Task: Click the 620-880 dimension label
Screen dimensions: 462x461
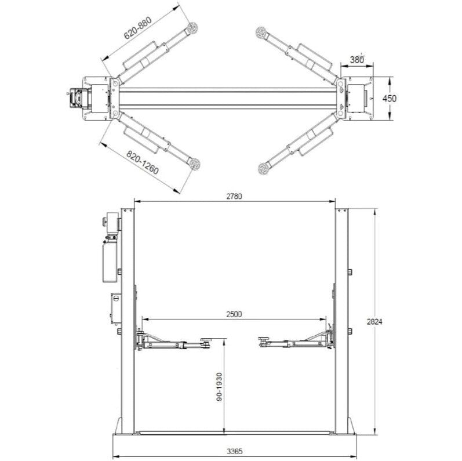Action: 138,28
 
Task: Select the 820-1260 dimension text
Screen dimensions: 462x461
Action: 143,162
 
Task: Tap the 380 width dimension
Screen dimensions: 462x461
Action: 357,60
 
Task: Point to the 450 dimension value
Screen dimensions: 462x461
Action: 390,99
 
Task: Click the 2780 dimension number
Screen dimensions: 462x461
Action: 234,197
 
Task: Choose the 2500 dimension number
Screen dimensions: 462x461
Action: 234,314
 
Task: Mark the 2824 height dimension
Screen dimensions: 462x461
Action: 374,322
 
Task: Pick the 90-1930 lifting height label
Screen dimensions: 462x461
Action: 219,387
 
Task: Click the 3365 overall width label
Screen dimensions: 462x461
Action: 235,451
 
